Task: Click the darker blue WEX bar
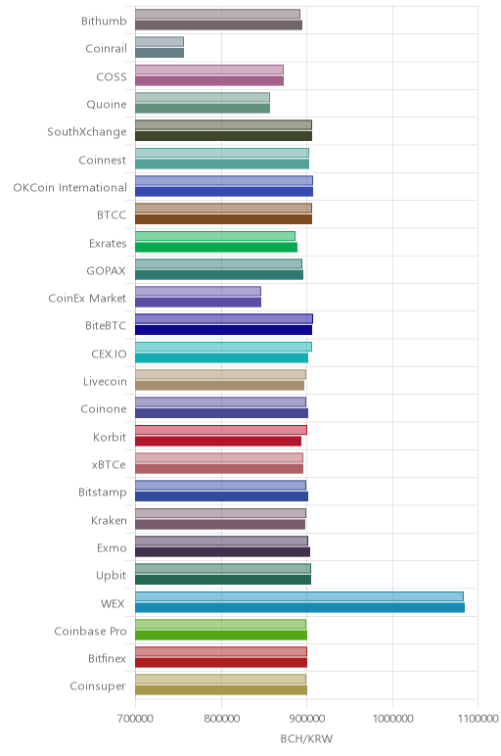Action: coord(299,607)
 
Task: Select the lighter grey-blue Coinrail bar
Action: coord(159,42)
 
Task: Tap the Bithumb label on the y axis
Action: coord(104,21)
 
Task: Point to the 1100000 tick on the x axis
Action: coord(478,719)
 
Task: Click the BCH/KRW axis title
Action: coord(306,738)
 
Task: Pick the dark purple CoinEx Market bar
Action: coord(198,303)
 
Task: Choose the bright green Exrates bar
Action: coord(216,248)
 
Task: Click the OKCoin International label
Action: coord(69,187)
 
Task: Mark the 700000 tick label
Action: coord(135,719)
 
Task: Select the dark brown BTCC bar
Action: coord(223,219)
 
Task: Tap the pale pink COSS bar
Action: coord(209,70)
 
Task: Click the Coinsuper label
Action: coord(98,686)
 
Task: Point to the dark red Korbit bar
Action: coord(218,441)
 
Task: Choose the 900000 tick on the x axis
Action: coord(307,719)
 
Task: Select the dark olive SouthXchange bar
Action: coord(223,136)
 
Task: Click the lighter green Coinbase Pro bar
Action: coord(220,624)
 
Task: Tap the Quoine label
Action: coord(107,104)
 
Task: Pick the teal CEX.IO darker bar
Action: coord(221,357)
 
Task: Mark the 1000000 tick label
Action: coord(392,719)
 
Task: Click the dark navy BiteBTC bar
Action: coord(223,330)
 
